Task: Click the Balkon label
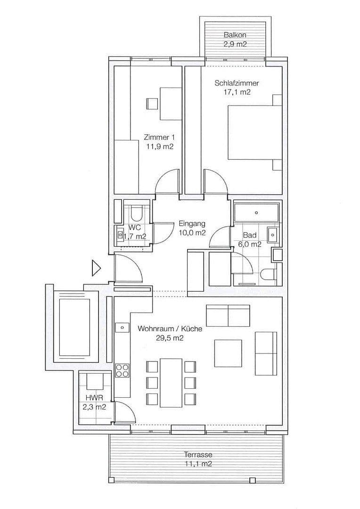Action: tap(235, 35)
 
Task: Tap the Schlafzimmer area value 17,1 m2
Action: tap(237, 92)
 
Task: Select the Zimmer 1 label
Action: tap(159, 138)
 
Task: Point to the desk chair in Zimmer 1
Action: tap(152, 103)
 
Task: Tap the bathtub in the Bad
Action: tap(256, 212)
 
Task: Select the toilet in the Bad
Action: tap(268, 275)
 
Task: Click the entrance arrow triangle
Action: tap(96, 268)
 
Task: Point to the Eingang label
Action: tap(191, 224)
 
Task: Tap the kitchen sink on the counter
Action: tap(122, 327)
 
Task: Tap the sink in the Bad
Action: tap(272, 234)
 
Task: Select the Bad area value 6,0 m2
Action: tap(252, 244)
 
